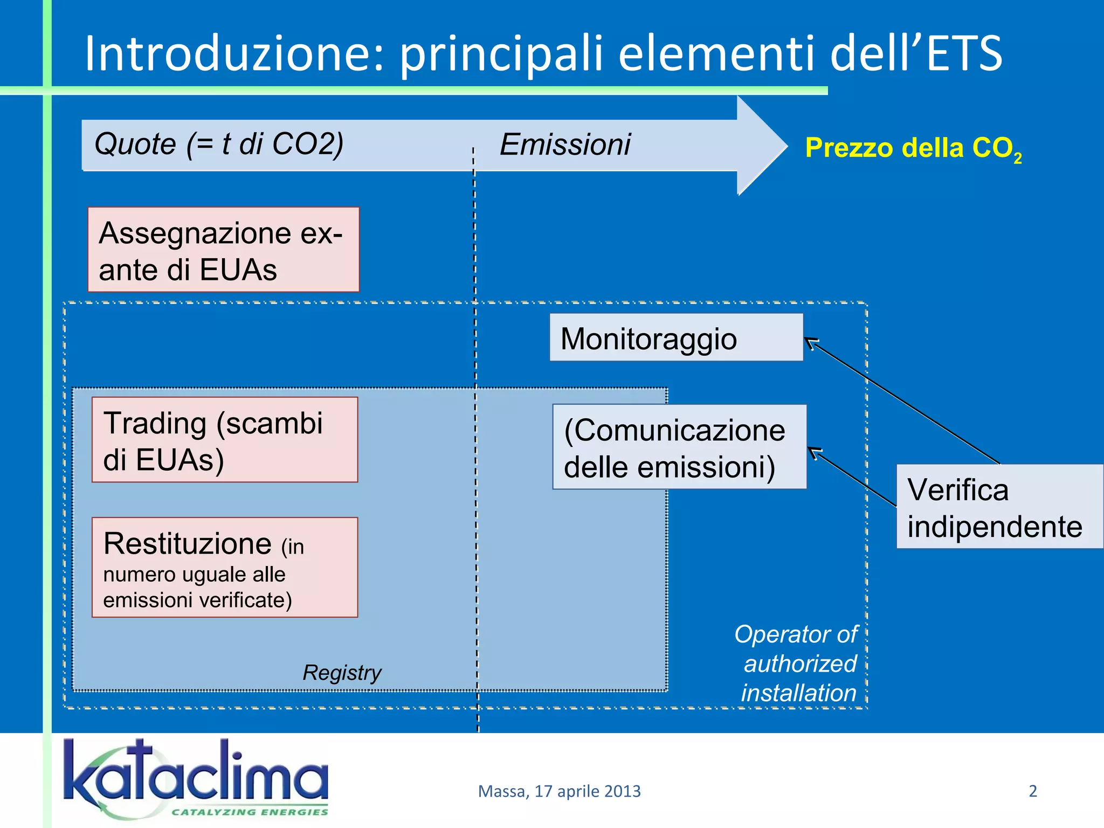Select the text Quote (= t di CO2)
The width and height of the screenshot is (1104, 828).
click(x=218, y=144)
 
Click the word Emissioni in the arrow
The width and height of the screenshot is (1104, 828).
click(x=564, y=144)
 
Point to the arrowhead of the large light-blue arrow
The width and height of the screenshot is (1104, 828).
click(x=765, y=146)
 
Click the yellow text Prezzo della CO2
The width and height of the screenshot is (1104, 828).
click(x=913, y=148)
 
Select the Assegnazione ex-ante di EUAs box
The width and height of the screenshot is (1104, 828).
click(x=223, y=250)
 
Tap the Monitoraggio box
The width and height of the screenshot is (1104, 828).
click(x=676, y=338)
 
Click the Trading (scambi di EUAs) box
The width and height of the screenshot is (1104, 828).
click(x=224, y=440)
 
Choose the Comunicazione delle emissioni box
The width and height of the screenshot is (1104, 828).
click(x=679, y=447)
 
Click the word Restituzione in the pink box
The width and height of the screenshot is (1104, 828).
click(x=187, y=543)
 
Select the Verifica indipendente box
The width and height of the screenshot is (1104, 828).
click(x=999, y=507)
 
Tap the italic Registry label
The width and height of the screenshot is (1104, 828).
click(x=342, y=672)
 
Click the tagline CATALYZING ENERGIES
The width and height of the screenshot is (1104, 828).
click(x=249, y=812)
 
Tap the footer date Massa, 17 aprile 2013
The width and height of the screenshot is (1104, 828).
click(x=559, y=791)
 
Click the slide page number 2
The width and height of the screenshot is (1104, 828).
click(x=1032, y=791)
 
